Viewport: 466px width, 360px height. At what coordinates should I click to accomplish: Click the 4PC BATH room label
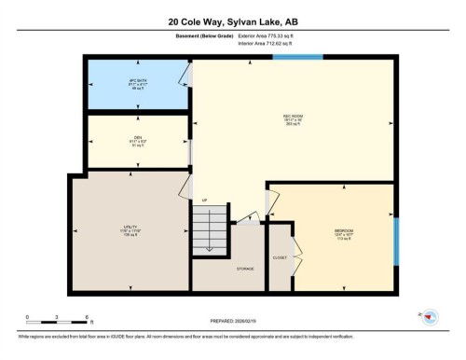click(138, 84)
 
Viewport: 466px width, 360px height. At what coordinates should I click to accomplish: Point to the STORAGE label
click(245, 267)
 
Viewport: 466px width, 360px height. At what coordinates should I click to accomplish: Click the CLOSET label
click(280, 256)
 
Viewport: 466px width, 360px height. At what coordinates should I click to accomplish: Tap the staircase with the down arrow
click(211, 229)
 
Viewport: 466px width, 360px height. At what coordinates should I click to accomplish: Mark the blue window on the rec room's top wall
click(303, 58)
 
